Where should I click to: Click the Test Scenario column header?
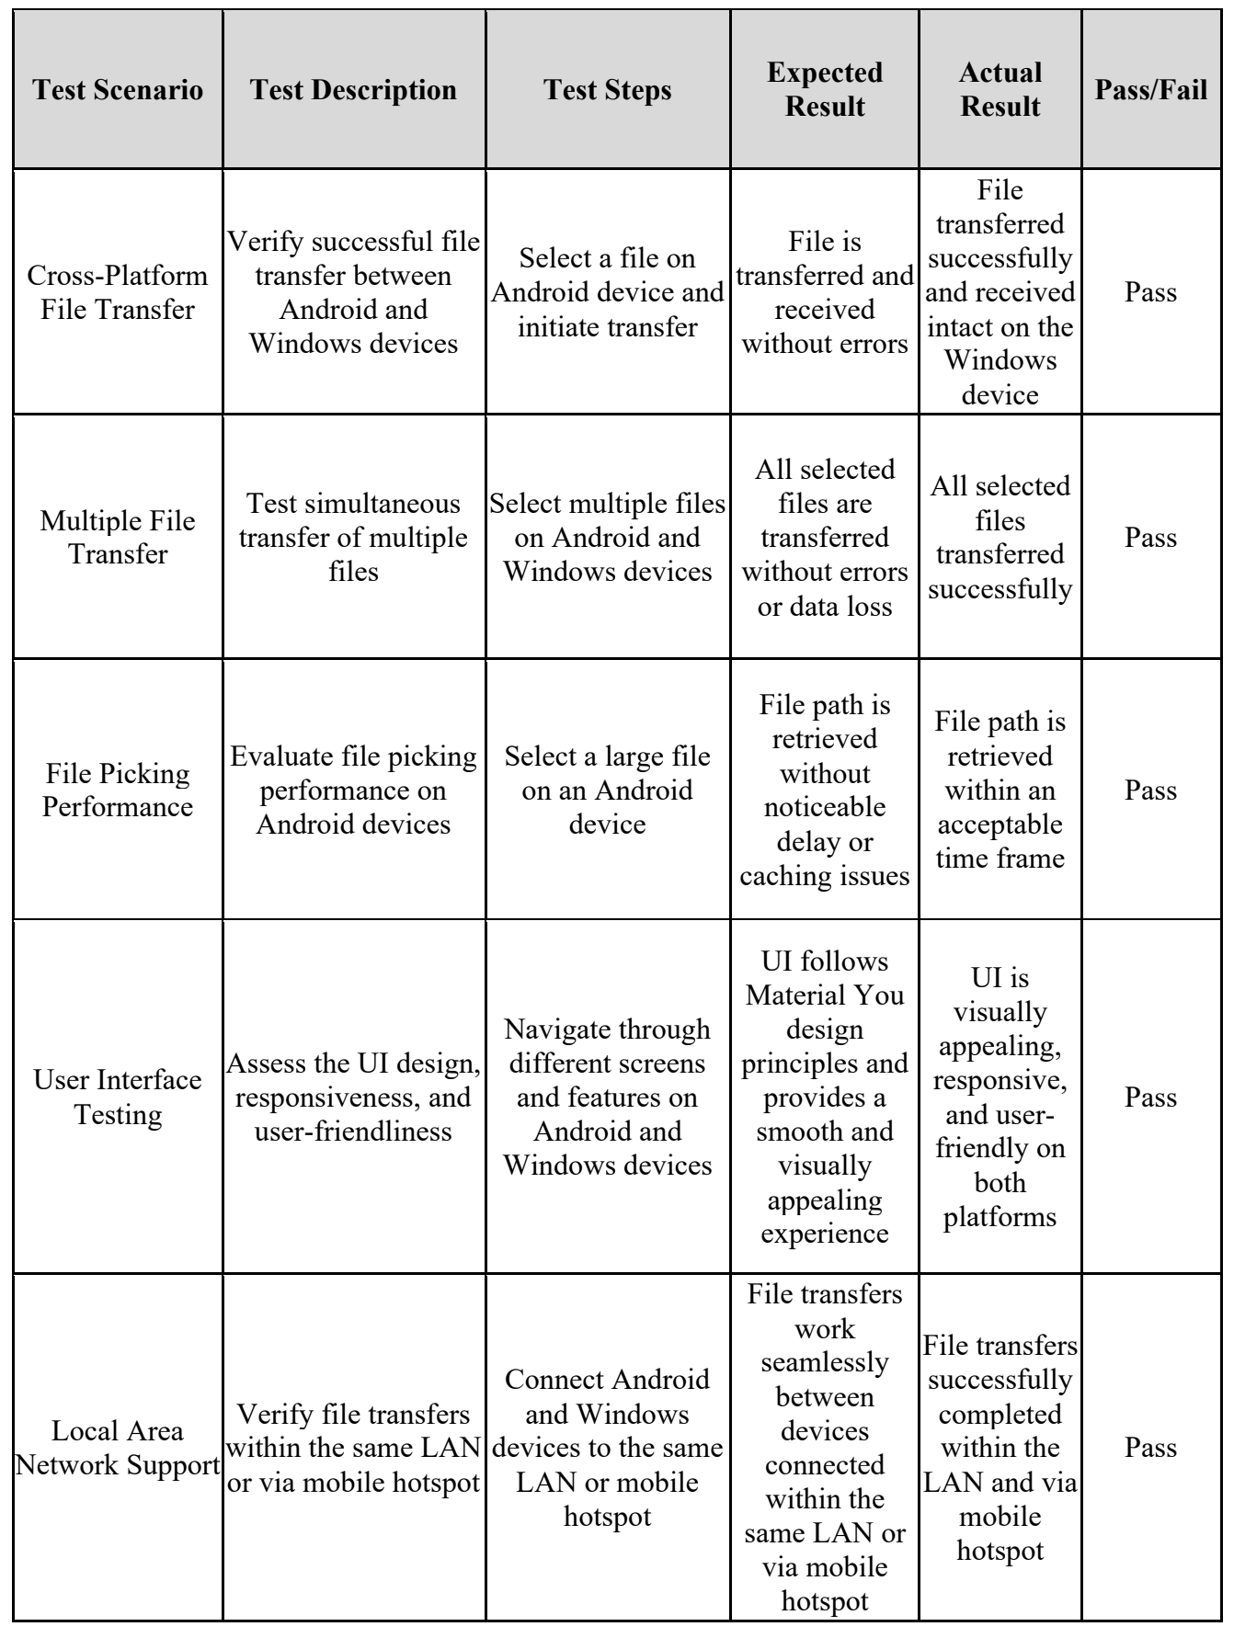pos(118,90)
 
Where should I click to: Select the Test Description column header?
pos(354,90)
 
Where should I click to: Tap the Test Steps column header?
pos(608,90)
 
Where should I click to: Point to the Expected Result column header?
pos(825,89)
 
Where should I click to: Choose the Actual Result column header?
pos(1000,89)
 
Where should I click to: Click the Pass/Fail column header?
pos(1151,90)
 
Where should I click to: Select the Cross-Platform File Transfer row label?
pos(118,292)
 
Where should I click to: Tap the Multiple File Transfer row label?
pos(118,538)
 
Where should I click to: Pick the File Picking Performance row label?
pos(118,790)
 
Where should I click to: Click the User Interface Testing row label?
pos(118,1097)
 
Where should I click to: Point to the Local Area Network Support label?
pos(118,1448)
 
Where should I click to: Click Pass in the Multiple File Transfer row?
pos(1151,538)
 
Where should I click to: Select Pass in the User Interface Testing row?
pos(1151,1098)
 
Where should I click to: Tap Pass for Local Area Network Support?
pos(1151,1448)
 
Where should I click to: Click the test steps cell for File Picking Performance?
pos(608,790)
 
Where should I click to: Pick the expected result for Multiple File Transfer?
pos(825,538)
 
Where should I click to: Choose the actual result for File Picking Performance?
pos(1000,790)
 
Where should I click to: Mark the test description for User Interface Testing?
pos(354,1097)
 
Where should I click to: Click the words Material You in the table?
pos(825,995)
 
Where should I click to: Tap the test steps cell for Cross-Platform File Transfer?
pos(608,292)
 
